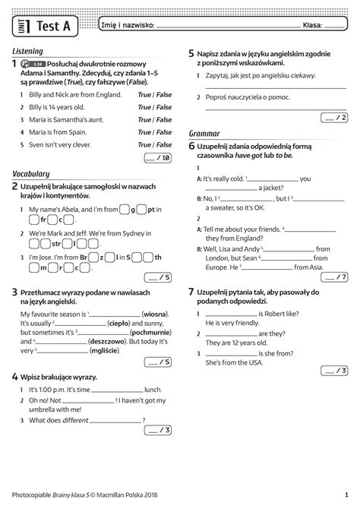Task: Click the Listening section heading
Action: point(28,51)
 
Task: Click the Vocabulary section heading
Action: point(31,173)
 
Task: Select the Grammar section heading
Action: point(204,133)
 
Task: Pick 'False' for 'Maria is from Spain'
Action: point(164,132)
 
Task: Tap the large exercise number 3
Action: point(15,291)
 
